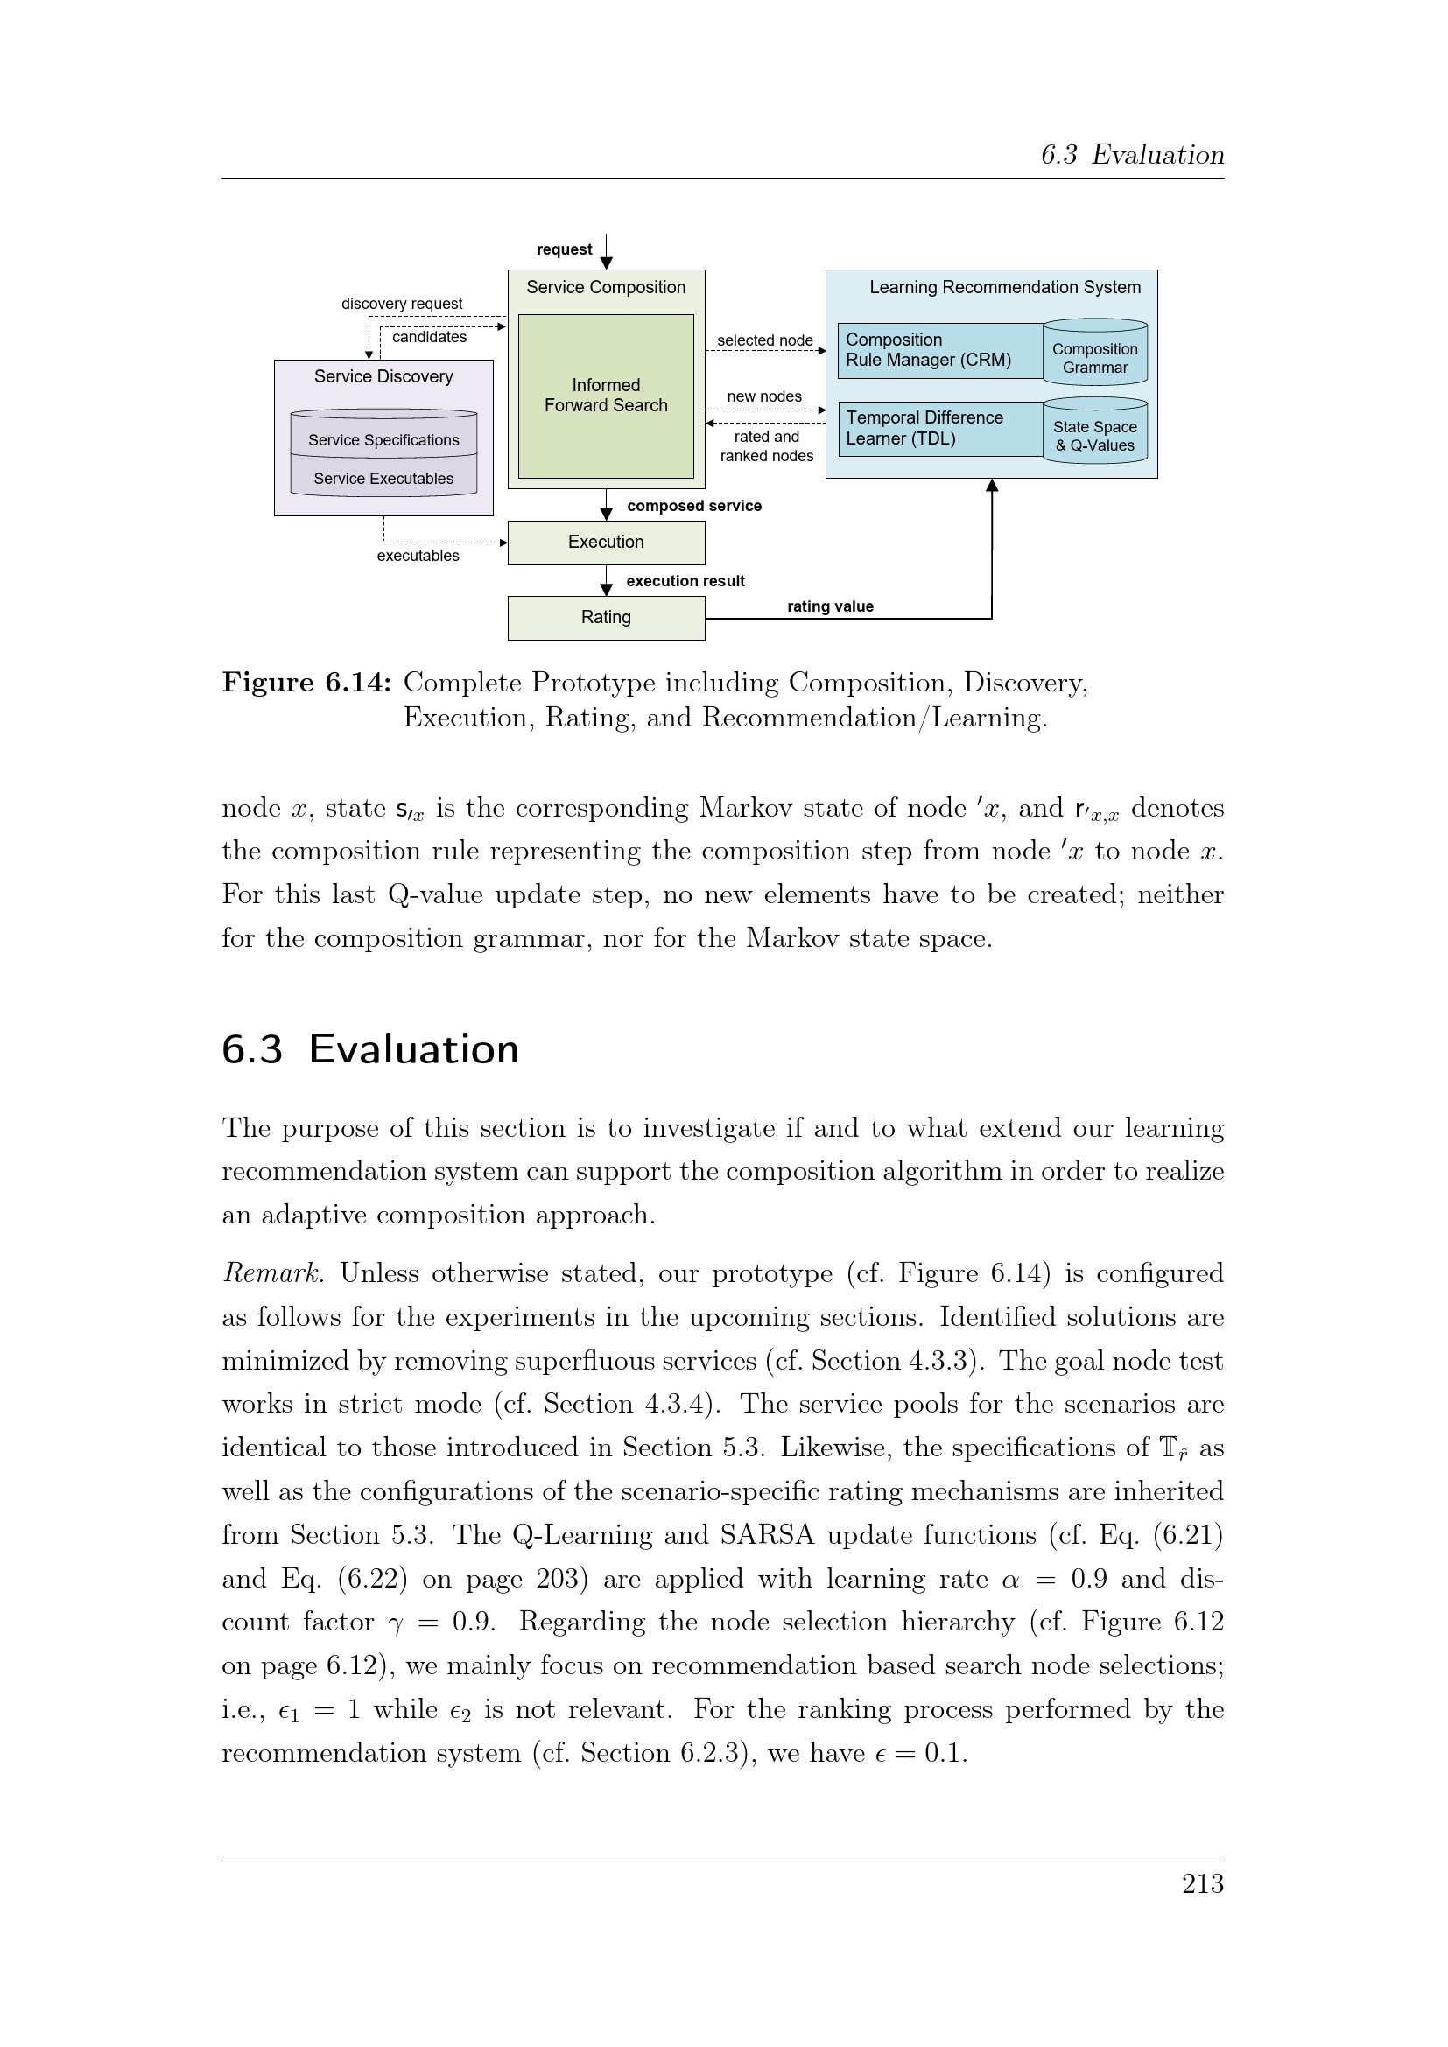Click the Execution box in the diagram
(606, 542)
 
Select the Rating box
(606, 617)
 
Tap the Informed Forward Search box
(606, 395)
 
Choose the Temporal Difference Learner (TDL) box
(938, 428)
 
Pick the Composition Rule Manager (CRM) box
(938, 350)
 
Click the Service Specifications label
(383, 439)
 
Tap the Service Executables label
(383, 479)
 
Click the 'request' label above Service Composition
(564, 249)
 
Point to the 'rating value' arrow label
(829, 606)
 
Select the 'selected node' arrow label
(764, 340)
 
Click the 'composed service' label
(693, 506)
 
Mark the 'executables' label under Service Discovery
(418, 556)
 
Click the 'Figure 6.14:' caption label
(306, 683)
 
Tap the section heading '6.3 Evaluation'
(370, 1049)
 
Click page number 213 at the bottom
(1202, 1884)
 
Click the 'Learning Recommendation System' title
(1004, 287)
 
